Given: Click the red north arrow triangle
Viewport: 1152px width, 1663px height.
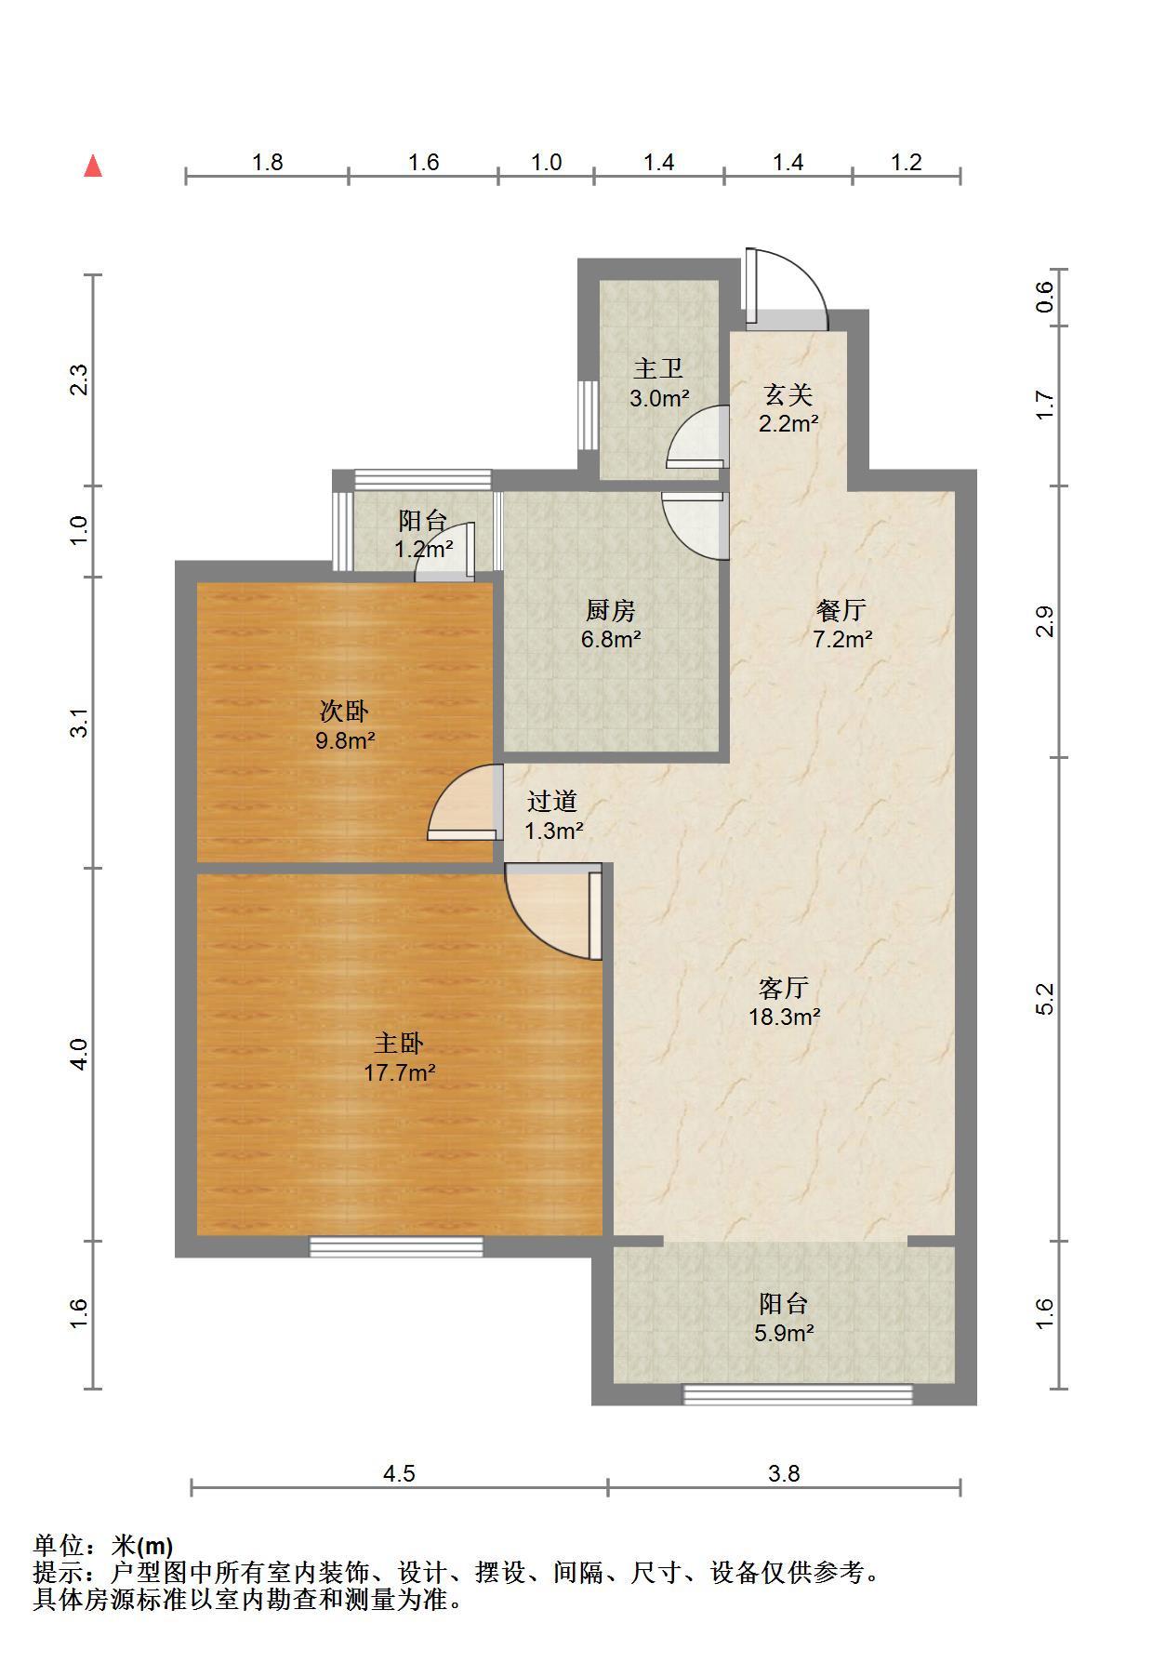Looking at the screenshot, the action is pyautogui.click(x=93, y=166).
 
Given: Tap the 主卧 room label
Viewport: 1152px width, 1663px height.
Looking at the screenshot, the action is pyautogui.click(x=399, y=1044).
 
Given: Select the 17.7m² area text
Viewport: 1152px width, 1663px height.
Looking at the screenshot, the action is pyautogui.click(x=399, y=1072).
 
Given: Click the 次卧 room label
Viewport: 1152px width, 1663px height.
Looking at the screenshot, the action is pyautogui.click(x=344, y=712).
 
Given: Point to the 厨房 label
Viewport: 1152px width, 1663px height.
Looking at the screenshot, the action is pyautogui.click(x=611, y=610).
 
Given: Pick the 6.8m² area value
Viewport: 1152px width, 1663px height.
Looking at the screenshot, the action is pyautogui.click(x=611, y=639).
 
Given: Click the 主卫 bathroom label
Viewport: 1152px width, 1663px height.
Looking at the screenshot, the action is pyautogui.click(x=658, y=369).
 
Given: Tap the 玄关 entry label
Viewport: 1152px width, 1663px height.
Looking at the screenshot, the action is pyautogui.click(x=788, y=394).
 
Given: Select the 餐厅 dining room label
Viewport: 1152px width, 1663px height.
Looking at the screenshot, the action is pyautogui.click(x=841, y=610).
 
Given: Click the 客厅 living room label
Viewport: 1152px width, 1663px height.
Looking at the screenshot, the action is pyautogui.click(x=784, y=987).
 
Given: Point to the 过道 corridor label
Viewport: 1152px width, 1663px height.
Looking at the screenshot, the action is pyautogui.click(x=552, y=801).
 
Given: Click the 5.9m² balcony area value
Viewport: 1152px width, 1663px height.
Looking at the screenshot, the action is pyautogui.click(x=784, y=1333).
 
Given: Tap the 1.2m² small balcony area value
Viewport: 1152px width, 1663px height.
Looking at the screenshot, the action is pyautogui.click(x=424, y=549).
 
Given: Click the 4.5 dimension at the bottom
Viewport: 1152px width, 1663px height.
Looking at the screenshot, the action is pyautogui.click(x=399, y=1473).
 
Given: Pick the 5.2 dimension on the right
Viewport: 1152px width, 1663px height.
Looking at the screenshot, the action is pyautogui.click(x=1045, y=999).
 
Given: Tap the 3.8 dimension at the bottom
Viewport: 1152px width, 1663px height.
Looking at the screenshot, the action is pyautogui.click(x=784, y=1473).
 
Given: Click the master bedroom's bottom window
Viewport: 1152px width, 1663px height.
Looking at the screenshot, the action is pyautogui.click(x=396, y=1246).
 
